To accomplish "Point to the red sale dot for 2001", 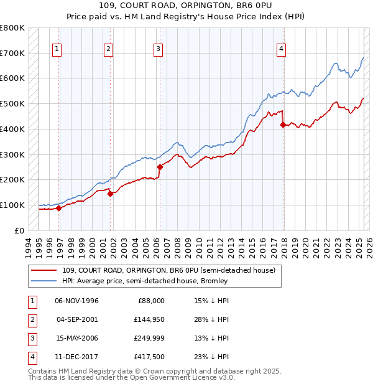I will pos(110,193).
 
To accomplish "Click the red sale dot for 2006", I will pos(160,167).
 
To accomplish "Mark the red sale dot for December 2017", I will pos(283,125).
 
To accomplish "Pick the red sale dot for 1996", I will pos(59,208).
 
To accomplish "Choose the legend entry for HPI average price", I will pos(145,281).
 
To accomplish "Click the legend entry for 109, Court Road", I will pos(168,270).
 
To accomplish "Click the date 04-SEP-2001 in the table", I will pos(77,319).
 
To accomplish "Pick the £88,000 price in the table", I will pos(151,301).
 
